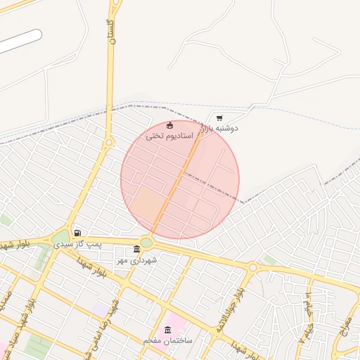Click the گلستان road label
click(111, 31)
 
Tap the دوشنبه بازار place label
click(220, 129)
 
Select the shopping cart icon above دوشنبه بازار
click(220, 117)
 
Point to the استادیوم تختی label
click(169, 136)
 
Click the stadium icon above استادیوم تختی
click(169, 125)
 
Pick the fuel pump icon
click(77, 233)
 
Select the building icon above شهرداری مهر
click(136, 250)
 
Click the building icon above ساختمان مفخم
click(167, 330)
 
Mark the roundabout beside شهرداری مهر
click(146, 243)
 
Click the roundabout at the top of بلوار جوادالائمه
click(252, 267)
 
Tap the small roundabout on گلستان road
click(109, 142)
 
